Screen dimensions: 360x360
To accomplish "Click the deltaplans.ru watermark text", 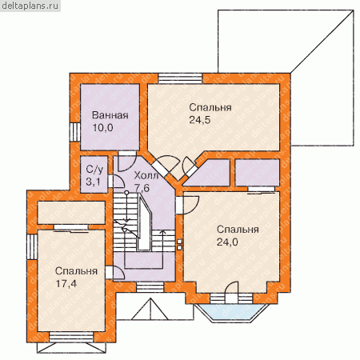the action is pyautogui.click(x=30, y=6).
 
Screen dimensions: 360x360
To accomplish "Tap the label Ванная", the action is pyautogui.click(x=110, y=115).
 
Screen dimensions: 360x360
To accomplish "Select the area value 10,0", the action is pyautogui.click(x=102, y=127).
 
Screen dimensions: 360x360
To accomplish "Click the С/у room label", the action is pyautogui.click(x=94, y=169).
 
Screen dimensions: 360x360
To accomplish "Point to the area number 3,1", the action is pyautogui.click(x=93, y=182).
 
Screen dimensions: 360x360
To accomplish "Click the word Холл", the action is pyautogui.click(x=146, y=175).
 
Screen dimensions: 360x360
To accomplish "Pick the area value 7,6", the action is pyautogui.click(x=142, y=188).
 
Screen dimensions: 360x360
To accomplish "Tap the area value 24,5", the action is pyautogui.click(x=200, y=120).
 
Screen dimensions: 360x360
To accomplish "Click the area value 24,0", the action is pyautogui.click(x=227, y=242).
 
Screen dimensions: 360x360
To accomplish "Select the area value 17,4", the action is pyautogui.click(x=66, y=283).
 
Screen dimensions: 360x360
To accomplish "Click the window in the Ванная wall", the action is pyautogui.click(x=75, y=132).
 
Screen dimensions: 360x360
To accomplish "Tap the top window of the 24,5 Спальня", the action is pyautogui.click(x=180, y=78).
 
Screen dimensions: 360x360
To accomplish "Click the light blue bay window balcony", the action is pyautogui.click(x=231, y=313).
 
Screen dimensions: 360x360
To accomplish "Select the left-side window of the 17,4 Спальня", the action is pyautogui.click(x=32, y=246).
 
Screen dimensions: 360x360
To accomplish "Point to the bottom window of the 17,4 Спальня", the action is pyautogui.click(x=71, y=337).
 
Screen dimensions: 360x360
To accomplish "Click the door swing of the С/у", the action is pyautogui.click(x=116, y=181).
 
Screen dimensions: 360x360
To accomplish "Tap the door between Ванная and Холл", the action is pyautogui.click(x=127, y=161).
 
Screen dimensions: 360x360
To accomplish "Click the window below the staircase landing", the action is pyautogui.click(x=150, y=287).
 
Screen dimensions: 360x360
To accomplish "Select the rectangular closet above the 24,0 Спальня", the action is pyautogui.click(x=258, y=172).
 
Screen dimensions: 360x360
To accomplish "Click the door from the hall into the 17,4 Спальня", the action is pyautogui.click(x=115, y=272).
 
